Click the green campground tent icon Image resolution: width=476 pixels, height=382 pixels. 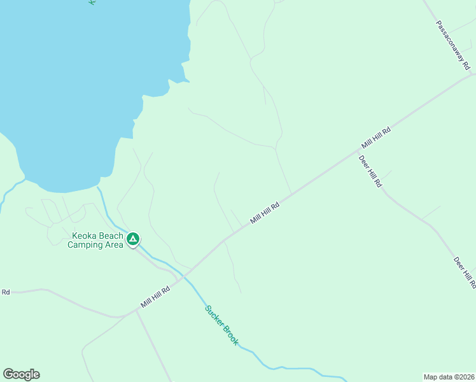point(133,239)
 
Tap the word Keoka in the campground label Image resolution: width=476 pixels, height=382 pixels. point(84,236)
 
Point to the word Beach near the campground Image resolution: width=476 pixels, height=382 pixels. point(111,236)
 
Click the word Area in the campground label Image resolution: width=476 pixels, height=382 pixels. point(113,244)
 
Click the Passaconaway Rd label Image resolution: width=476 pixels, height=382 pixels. point(453,45)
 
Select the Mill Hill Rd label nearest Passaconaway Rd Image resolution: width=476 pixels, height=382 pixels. point(375,138)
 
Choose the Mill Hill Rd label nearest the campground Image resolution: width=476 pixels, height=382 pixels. point(156,297)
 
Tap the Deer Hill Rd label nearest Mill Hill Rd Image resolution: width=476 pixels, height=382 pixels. point(370,171)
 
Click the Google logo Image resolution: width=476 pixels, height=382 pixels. point(21,374)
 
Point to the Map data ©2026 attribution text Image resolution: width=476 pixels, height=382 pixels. point(449,376)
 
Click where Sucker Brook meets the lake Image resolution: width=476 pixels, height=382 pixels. point(97,188)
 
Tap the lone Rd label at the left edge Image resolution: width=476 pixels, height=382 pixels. point(6,292)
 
